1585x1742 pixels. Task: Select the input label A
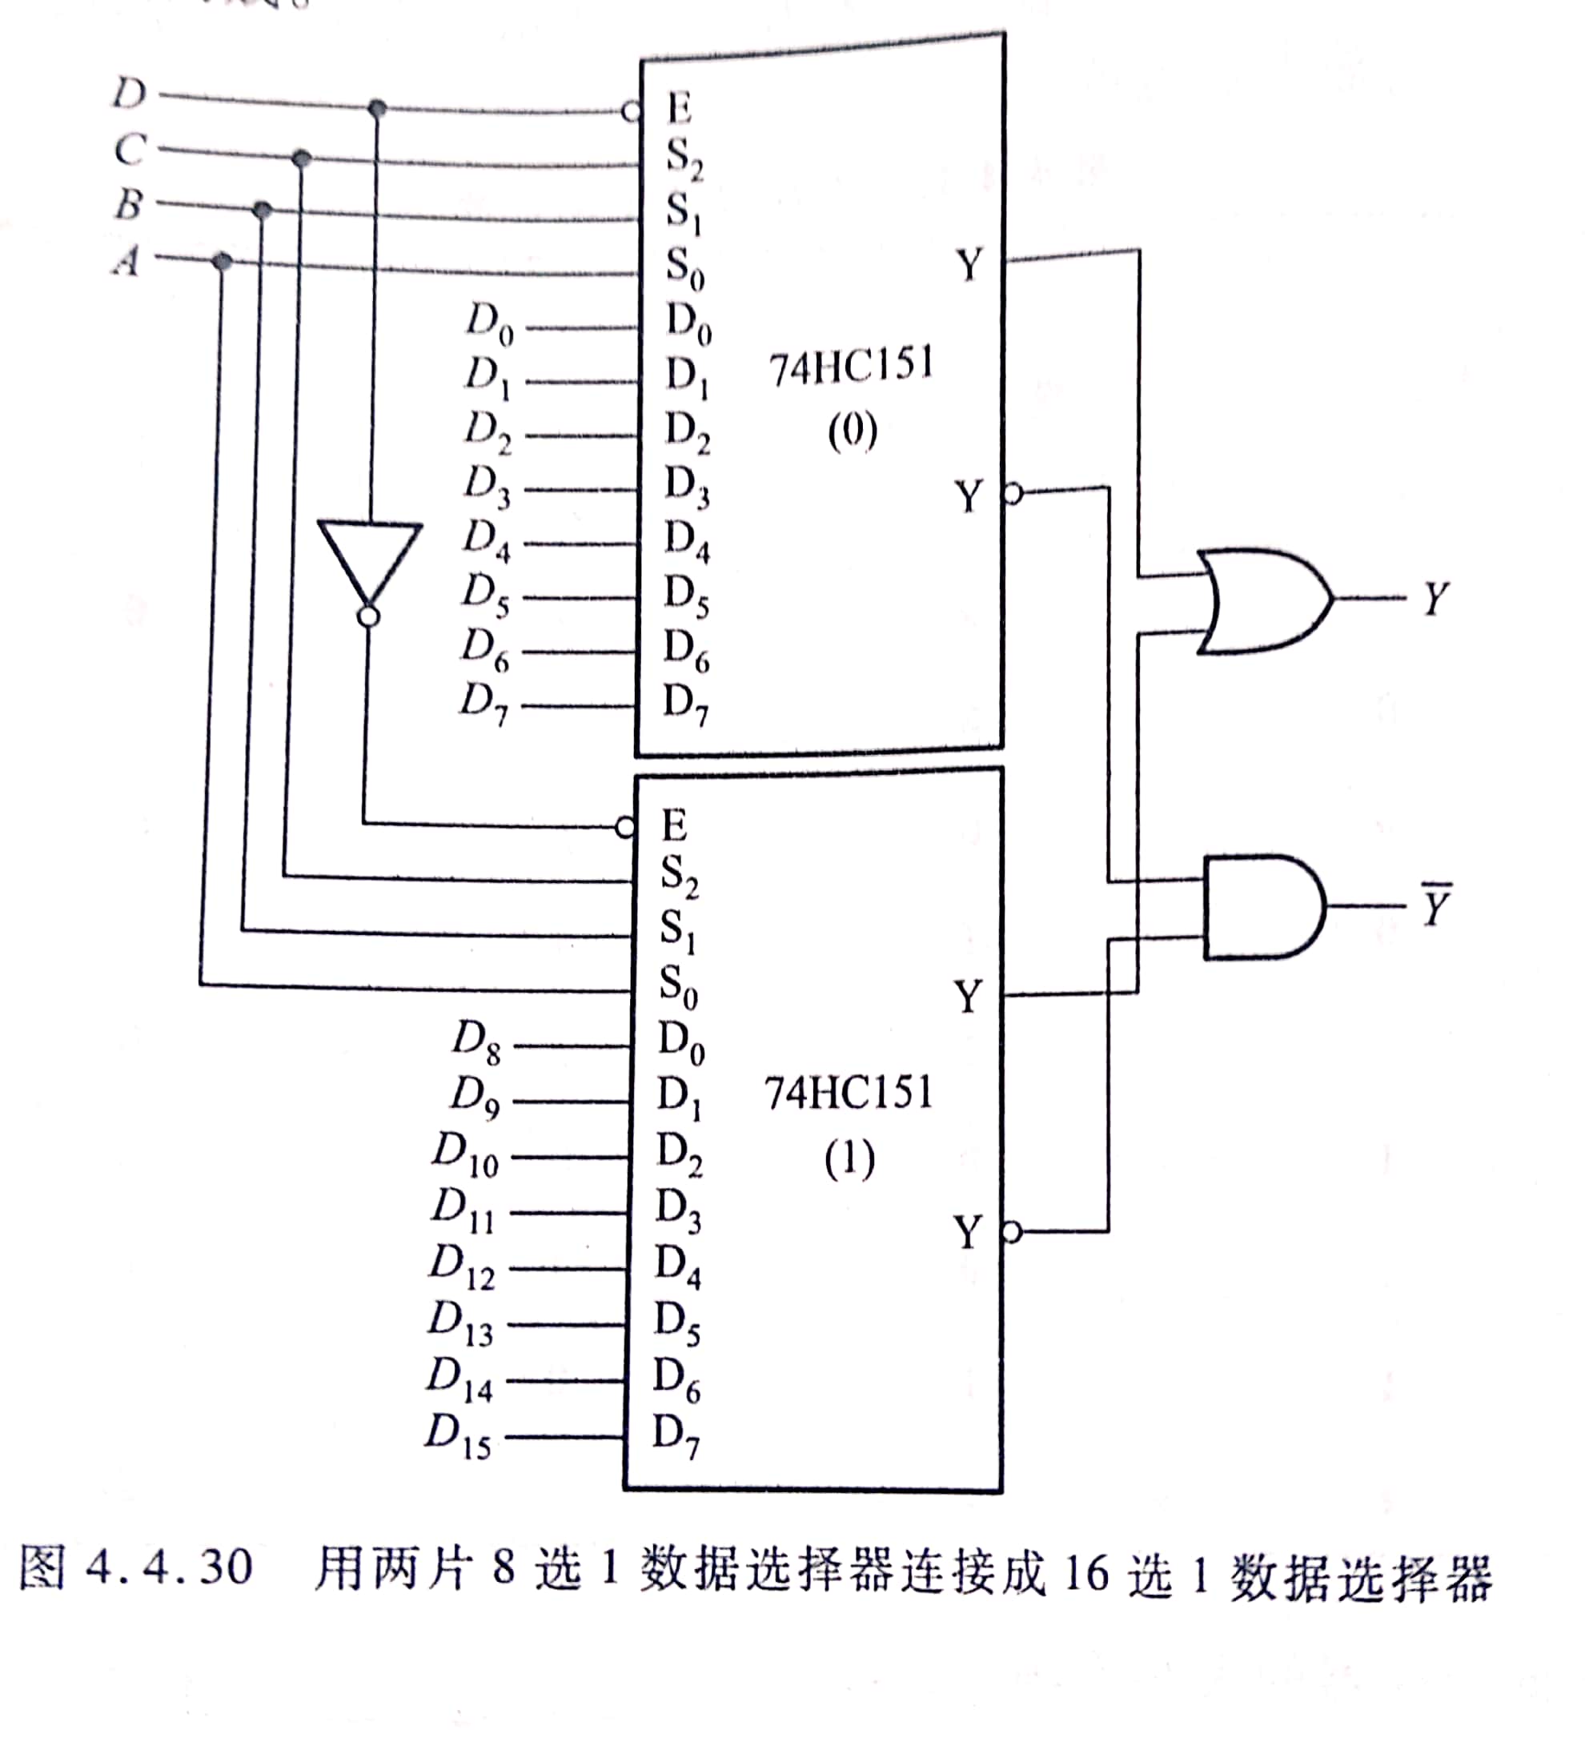click(x=127, y=259)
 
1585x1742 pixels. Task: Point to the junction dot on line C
click(x=302, y=159)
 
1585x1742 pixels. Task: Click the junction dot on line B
click(x=263, y=210)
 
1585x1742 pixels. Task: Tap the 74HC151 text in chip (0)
click(x=851, y=367)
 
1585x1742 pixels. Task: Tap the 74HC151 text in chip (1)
click(x=849, y=1093)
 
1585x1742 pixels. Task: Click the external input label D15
click(x=458, y=1436)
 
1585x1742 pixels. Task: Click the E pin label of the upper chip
click(x=680, y=110)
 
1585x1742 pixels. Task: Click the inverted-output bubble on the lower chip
click(x=1013, y=1232)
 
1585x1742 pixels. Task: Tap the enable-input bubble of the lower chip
click(x=625, y=828)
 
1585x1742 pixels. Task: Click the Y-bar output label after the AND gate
click(x=1435, y=905)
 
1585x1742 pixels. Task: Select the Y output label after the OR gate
click(x=1435, y=598)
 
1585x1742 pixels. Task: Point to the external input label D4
click(x=487, y=540)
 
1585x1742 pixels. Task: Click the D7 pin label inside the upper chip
click(x=684, y=704)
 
